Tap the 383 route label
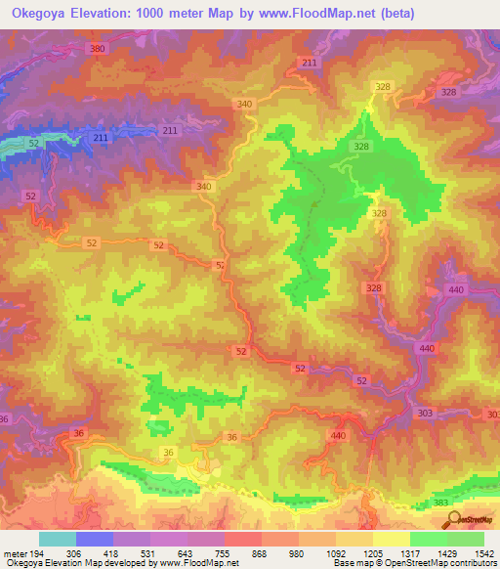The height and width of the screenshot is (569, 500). (442, 502)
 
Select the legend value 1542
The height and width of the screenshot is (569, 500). (481, 553)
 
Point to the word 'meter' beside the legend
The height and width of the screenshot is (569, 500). (14, 553)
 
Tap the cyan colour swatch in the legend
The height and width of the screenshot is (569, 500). (57, 539)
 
